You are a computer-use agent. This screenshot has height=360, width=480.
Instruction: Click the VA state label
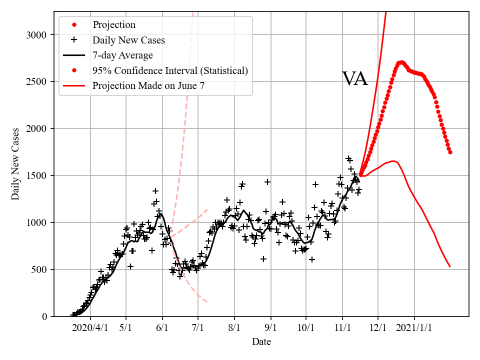[x=354, y=79]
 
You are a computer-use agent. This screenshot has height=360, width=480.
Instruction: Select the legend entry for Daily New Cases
[x=128, y=40]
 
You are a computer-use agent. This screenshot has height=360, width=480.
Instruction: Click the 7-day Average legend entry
[x=122, y=55]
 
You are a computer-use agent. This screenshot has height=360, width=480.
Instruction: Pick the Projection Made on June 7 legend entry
[x=148, y=86]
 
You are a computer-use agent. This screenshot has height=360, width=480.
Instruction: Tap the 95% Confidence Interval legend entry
[x=170, y=70]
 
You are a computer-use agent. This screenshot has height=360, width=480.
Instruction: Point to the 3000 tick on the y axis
[x=38, y=35]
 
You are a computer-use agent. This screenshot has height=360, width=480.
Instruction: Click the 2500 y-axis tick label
[x=38, y=82]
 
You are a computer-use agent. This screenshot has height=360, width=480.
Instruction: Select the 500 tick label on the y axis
[x=41, y=270]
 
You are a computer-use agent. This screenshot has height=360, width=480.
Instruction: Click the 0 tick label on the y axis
[x=45, y=316]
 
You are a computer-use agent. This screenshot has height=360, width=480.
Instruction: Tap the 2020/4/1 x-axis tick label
[x=90, y=328]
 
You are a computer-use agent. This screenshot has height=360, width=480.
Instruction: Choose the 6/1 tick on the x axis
[x=162, y=328]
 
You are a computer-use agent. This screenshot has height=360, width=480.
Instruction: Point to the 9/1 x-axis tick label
[x=270, y=328]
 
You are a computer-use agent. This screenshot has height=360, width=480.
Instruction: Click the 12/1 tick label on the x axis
[x=378, y=328]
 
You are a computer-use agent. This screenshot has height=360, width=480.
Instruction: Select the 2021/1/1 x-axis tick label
[x=414, y=328]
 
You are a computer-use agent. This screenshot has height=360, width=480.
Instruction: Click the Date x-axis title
[x=261, y=342]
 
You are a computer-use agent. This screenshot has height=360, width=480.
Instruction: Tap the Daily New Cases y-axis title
[x=15, y=163]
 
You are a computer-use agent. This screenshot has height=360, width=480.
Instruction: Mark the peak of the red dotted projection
[x=401, y=62]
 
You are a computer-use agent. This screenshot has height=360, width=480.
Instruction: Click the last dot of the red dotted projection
[x=450, y=152]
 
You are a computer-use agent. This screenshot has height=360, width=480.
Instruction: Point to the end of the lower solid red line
[x=450, y=266]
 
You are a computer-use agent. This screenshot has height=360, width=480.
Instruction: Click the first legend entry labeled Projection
[x=113, y=24]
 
